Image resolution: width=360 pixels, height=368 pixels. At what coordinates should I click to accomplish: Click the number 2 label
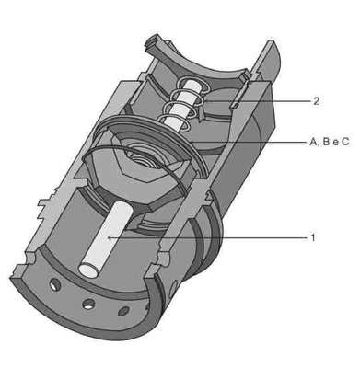(x=317, y=101)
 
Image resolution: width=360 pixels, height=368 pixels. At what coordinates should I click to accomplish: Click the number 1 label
(x=313, y=237)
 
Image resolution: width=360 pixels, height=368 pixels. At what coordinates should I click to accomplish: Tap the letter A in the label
(x=313, y=142)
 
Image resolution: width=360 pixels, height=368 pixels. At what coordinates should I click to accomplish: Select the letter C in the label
(x=345, y=142)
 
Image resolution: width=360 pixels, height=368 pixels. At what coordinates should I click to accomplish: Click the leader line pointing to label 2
(x=258, y=100)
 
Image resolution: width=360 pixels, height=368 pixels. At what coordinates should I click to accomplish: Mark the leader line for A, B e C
(x=248, y=142)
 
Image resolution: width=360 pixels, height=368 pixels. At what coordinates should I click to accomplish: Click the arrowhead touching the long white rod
(x=110, y=237)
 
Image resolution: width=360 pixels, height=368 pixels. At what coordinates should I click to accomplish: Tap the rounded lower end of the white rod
(x=89, y=270)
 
